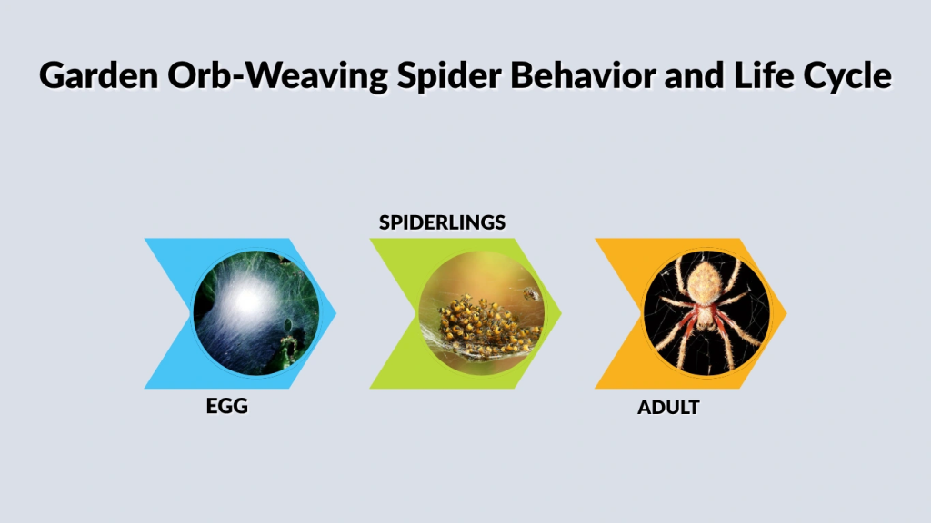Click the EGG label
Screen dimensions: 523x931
227,407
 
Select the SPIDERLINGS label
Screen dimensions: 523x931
442,222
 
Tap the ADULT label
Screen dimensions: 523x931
668,408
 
